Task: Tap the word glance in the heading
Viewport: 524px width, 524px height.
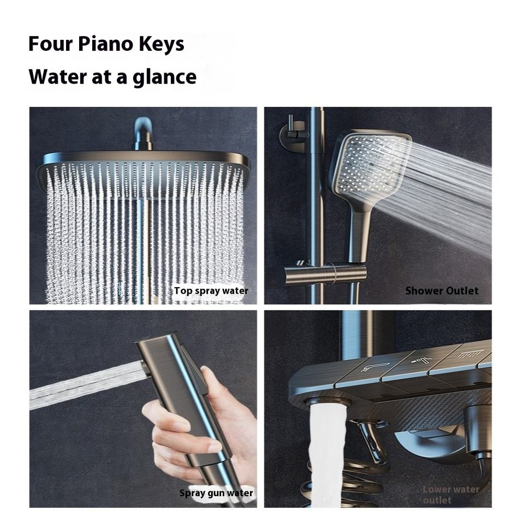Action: [164, 78]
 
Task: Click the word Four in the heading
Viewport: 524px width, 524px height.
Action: [50, 44]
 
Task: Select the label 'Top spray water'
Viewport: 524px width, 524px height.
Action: [211, 291]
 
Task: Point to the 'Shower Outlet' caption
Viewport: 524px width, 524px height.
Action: [442, 291]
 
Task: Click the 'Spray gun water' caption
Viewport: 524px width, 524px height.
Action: [216, 493]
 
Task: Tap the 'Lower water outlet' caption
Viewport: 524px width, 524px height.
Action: [451, 495]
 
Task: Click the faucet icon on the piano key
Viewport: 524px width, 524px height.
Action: [375, 367]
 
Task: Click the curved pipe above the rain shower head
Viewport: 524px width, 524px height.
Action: [144, 134]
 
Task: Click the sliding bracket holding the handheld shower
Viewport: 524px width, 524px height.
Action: [325, 274]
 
